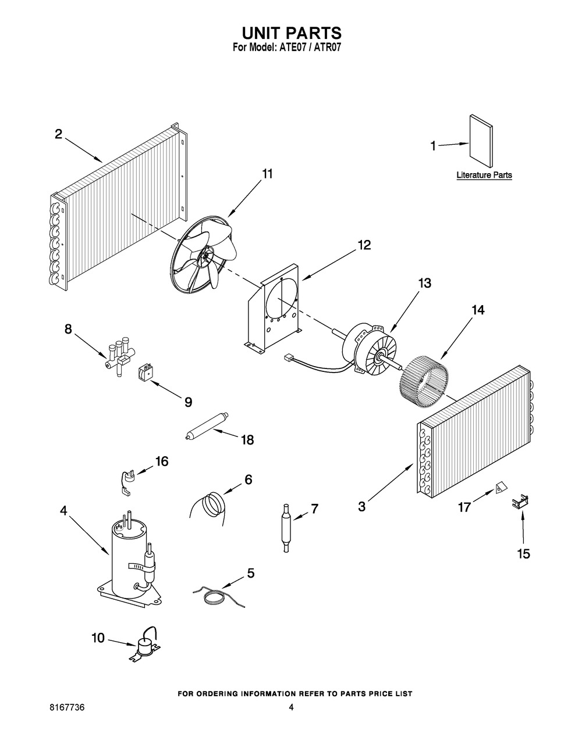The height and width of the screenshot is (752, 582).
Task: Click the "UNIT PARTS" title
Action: point(291,33)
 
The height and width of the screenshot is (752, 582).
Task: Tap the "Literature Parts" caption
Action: point(484,175)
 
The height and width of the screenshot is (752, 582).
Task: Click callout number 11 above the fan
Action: point(267,174)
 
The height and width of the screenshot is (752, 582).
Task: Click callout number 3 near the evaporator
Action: point(362,507)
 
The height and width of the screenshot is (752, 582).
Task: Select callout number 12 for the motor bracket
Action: point(363,245)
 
